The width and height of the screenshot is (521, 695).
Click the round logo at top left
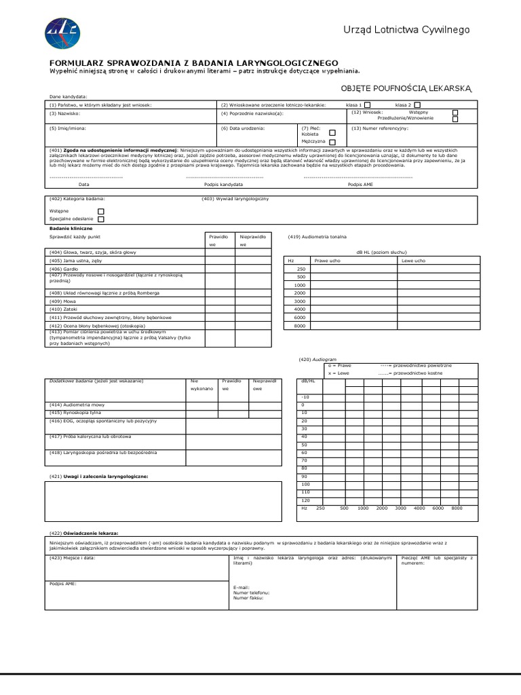click(x=62, y=31)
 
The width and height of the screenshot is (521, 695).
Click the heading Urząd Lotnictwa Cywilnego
click(x=406, y=30)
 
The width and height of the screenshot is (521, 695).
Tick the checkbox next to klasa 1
click(x=367, y=105)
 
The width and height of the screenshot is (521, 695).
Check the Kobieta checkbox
click(x=332, y=134)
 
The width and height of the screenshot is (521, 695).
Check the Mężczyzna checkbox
click(x=332, y=143)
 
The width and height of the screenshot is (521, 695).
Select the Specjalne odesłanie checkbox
click(x=101, y=219)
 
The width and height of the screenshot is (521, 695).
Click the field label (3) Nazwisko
click(x=65, y=113)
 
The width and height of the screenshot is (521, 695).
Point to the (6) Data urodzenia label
click(x=243, y=128)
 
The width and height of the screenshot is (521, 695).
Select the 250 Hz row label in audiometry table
click(x=301, y=269)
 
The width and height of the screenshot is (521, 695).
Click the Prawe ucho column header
click(x=327, y=261)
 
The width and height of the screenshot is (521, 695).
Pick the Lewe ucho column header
click(x=414, y=261)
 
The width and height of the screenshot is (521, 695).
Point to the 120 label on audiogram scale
click(x=305, y=500)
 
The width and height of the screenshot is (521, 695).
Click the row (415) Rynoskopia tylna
click(x=76, y=412)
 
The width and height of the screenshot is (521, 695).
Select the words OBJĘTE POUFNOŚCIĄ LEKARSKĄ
click(x=405, y=88)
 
